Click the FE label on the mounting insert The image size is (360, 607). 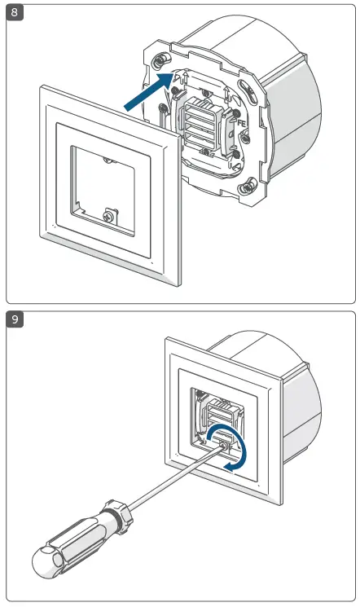pyautogui.click(x=242, y=125)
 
